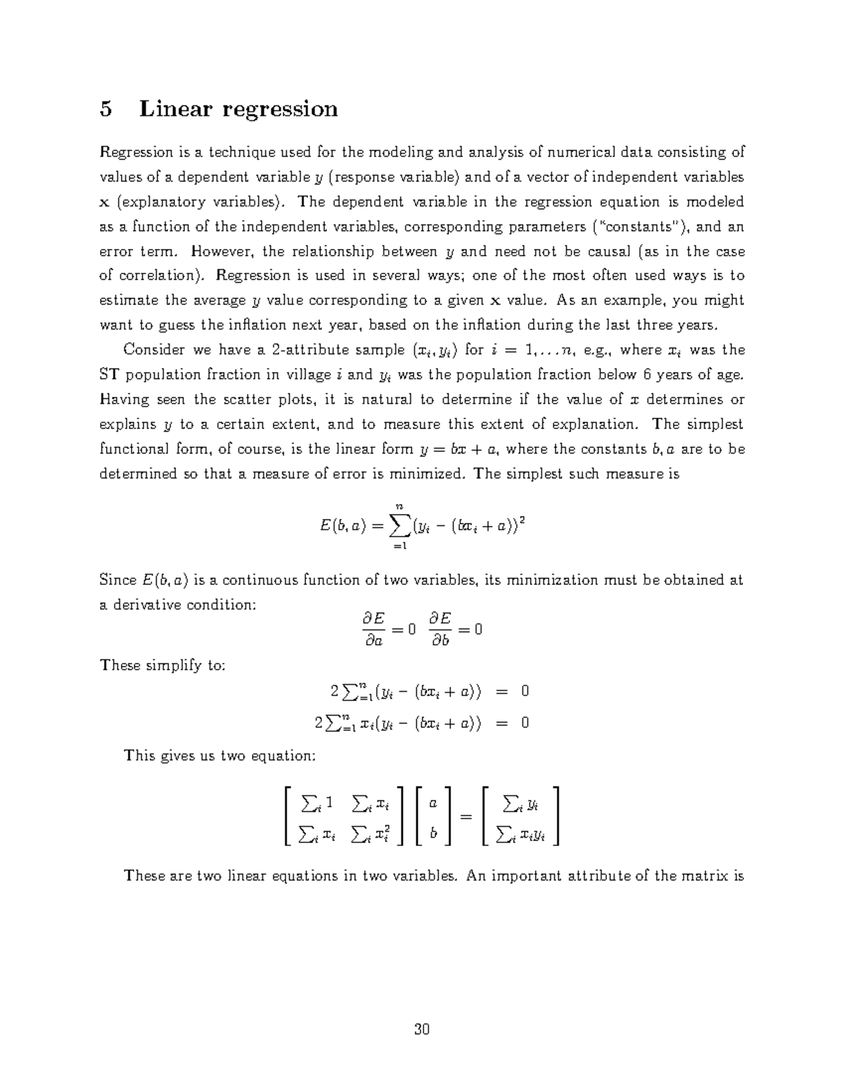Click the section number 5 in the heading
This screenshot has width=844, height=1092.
[105, 109]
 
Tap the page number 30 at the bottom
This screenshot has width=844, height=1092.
[422, 1030]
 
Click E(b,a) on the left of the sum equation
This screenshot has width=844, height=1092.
[335, 525]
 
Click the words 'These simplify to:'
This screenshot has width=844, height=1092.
[162, 665]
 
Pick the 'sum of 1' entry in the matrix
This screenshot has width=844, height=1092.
[318, 802]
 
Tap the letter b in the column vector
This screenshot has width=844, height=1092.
[433, 833]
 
